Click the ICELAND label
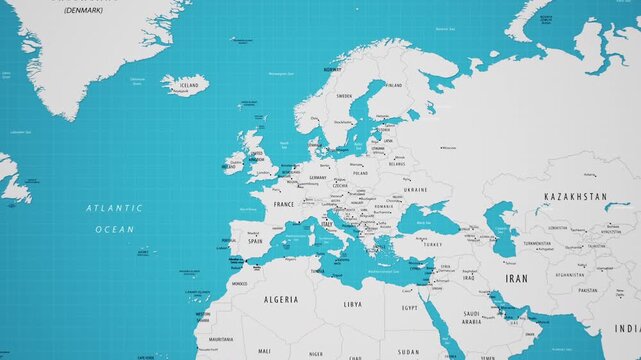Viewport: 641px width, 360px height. pyautogui.click(x=189, y=86)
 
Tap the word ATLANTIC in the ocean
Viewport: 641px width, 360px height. pyautogui.click(x=114, y=208)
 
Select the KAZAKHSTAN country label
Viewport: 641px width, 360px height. pyautogui.click(x=575, y=197)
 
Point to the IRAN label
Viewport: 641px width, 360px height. pyautogui.click(x=516, y=278)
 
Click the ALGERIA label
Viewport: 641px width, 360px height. pyautogui.click(x=281, y=299)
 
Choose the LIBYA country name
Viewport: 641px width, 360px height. pyautogui.click(x=352, y=303)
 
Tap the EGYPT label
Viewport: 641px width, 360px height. pyautogui.click(x=410, y=308)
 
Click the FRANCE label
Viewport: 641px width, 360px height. pyautogui.click(x=284, y=204)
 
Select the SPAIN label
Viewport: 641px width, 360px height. pyautogui.click(x=255, y=241)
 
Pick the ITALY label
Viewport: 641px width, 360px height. pyautogui.click(x=327, y=226)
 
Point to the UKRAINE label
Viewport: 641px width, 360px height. pyautogui.click(x=415, y=189)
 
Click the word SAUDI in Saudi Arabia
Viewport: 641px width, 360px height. pyautogui.click(x=471, y=313)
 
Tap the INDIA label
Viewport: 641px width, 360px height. pyautogui.click(x=627, y=328)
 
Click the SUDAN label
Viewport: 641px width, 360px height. pyautogui.click(x=408, y=351)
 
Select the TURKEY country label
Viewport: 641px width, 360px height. pyautogui.click(x=432, y=244)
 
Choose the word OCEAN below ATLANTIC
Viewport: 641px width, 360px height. pyautogui.click(x=114, y=229)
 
